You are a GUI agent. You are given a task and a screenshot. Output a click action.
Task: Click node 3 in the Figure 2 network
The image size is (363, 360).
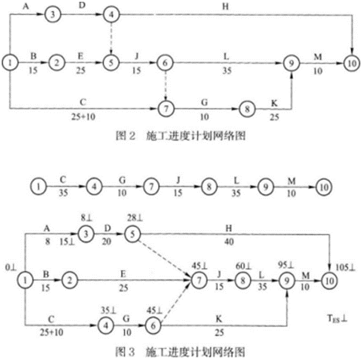(53, 14)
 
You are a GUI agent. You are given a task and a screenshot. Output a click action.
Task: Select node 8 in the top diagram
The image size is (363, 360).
(246, 109)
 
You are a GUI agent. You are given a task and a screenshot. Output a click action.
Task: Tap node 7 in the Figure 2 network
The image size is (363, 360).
(165, 109)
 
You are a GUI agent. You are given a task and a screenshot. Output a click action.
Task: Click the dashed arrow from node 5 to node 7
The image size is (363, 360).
(164, 255)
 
